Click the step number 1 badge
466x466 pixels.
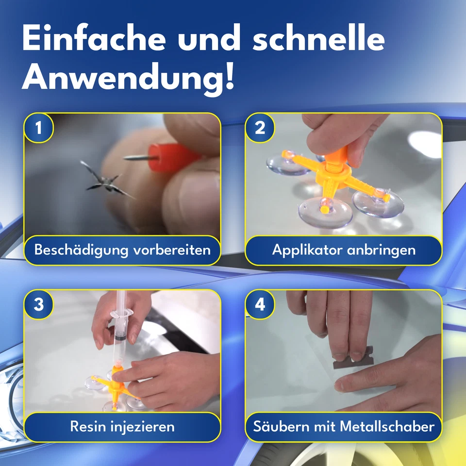coord(38,128)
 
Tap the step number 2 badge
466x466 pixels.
coord(260,128)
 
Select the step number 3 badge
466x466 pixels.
coord(38,305)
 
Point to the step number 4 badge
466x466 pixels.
coord(260,305)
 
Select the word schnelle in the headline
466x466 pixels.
coord(318,40)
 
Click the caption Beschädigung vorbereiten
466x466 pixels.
coord(122,250)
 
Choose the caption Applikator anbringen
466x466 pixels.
coord(344,250)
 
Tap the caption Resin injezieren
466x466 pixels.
coord(122,427)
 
